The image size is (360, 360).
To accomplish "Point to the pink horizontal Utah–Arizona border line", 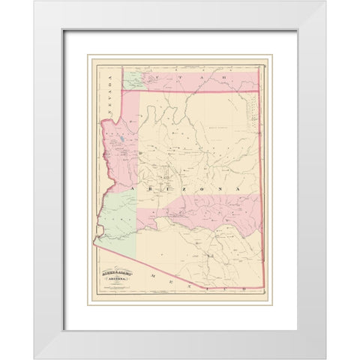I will pyautogui.click(x=195, y=91).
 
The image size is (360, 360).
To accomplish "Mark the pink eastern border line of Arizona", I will pyautogui.click(x=259, y=187).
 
